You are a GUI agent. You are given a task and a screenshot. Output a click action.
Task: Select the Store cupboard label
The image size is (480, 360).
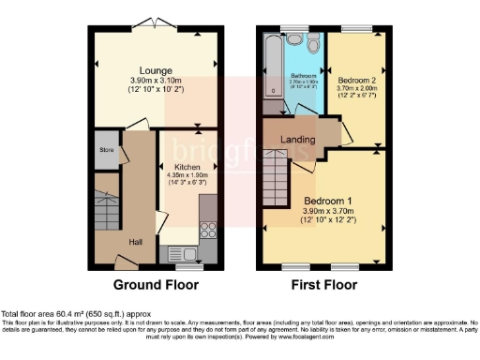click(108, 150)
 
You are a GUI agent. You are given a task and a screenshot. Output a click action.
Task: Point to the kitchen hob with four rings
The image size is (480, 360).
click(207, 229)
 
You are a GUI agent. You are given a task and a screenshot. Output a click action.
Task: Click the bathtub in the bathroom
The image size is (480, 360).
click(273, 66)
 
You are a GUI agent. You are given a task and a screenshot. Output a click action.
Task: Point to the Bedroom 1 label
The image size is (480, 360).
click(326, 200)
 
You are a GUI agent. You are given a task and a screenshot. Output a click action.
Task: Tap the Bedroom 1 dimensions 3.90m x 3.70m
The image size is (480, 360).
click(326, 213)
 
